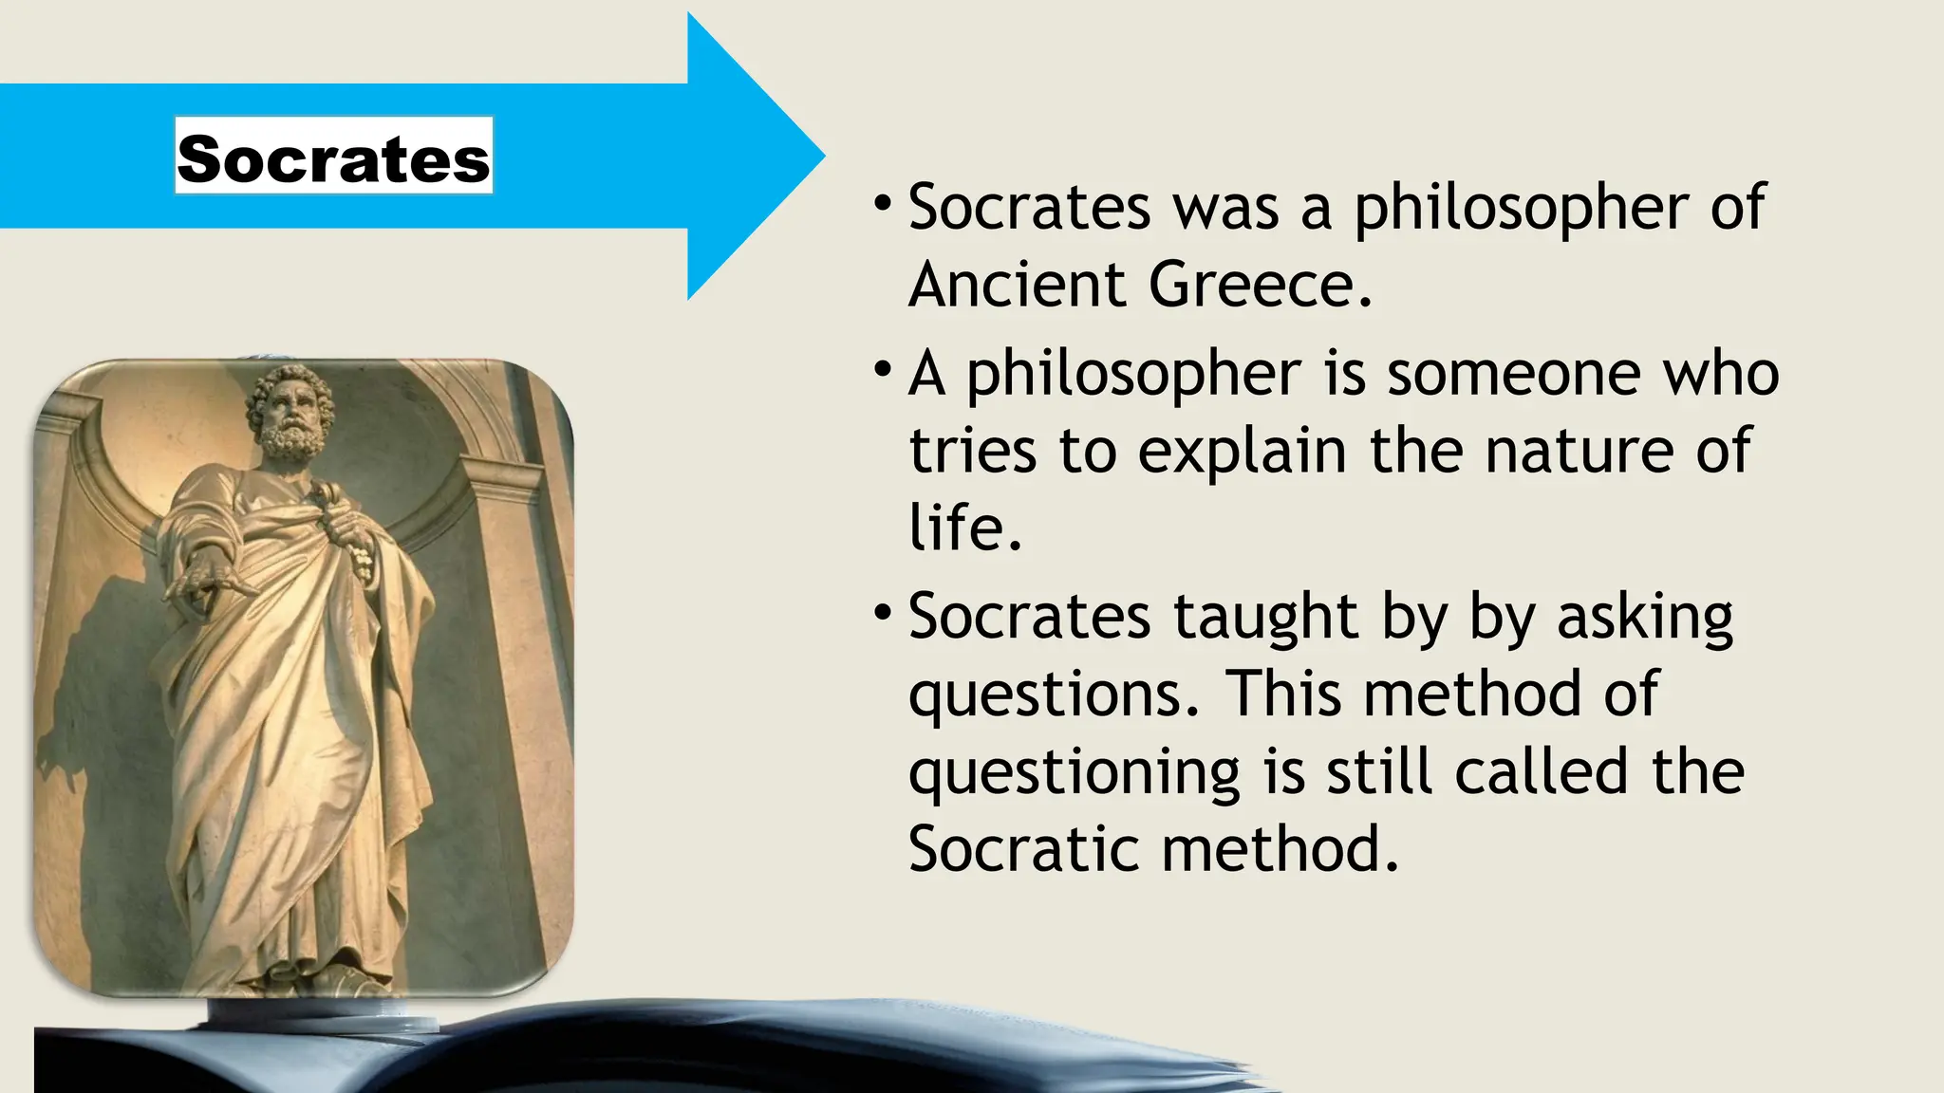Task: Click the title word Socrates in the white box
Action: point(333,157)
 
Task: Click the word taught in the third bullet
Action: point(1265,618)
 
